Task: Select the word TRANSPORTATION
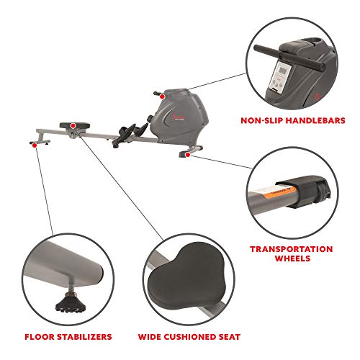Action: [291, 249]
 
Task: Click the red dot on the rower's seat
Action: [73, 125]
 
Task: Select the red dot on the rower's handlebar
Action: [163, 94]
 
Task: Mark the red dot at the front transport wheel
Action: [187, 153]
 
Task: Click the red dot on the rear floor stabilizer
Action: [34, 144]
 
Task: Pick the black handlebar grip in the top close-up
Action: [292, 54]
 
